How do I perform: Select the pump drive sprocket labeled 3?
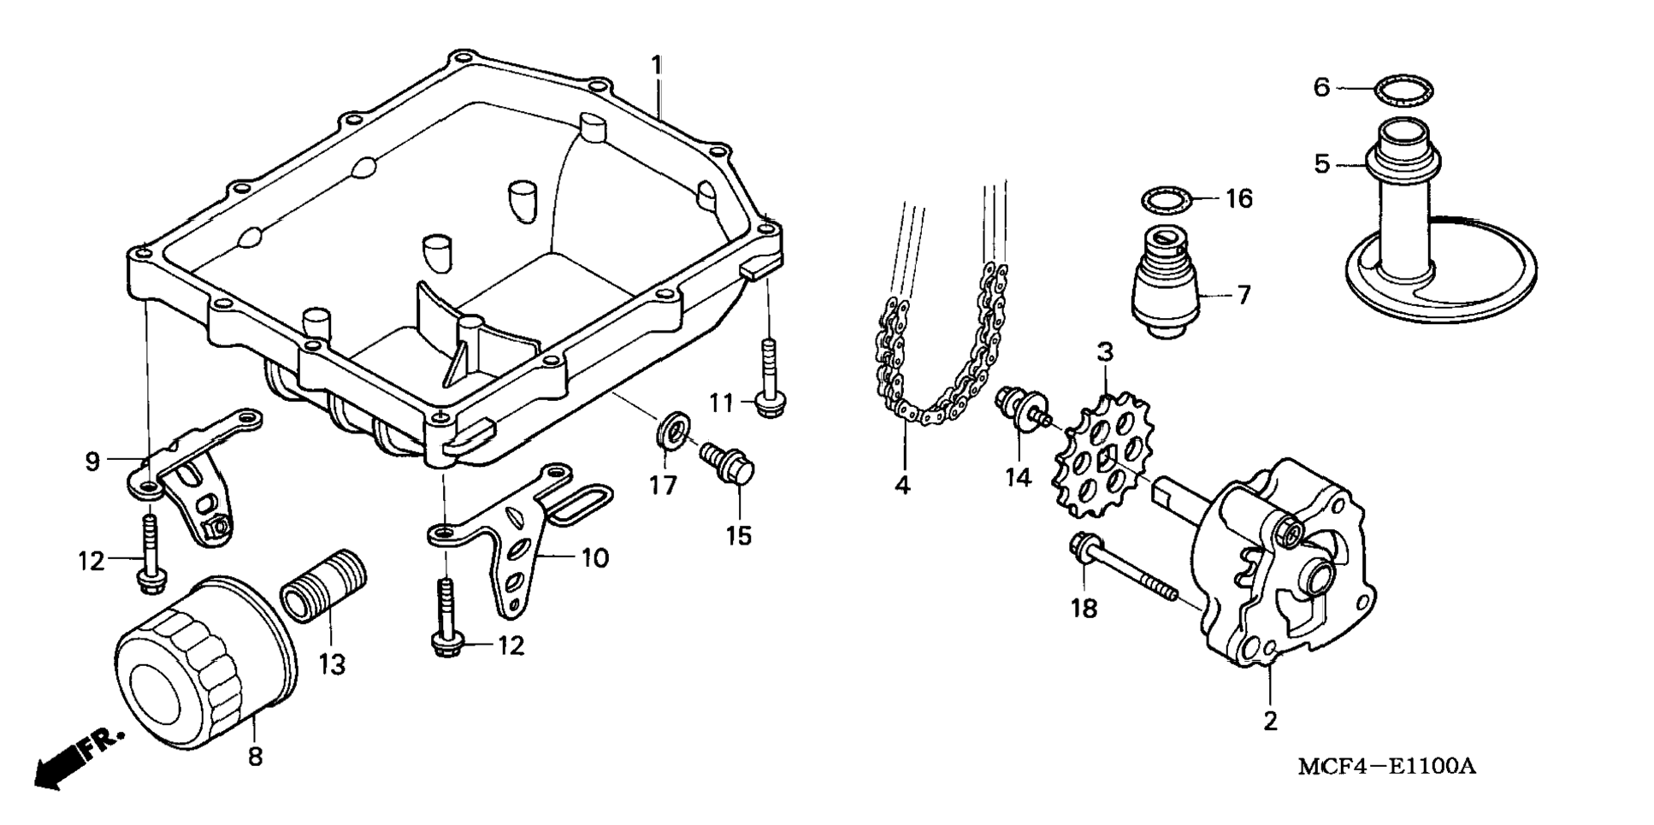(1103, 457)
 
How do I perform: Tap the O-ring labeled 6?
(1403, 89)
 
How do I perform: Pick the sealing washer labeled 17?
(672, 430)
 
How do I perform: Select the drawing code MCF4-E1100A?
(1386, 766)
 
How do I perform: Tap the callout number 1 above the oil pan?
(656, 65)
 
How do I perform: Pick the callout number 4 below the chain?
(902, 486)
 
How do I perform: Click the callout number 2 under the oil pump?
(1270, 721)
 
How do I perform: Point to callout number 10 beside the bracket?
(595, 558)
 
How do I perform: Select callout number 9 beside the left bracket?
(92, 462)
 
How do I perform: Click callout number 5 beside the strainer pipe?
(1322, 163)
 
